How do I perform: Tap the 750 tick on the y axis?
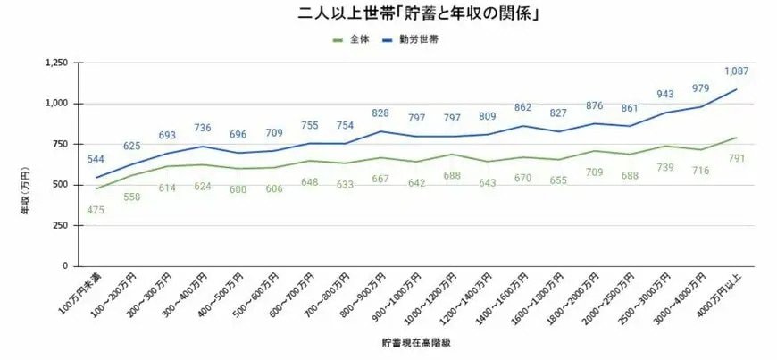[x=61, y=144]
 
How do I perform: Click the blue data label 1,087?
[x=736, y=71]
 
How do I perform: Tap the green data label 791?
[x=736, y=159]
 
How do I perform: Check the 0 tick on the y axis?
[x=66, y=266]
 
